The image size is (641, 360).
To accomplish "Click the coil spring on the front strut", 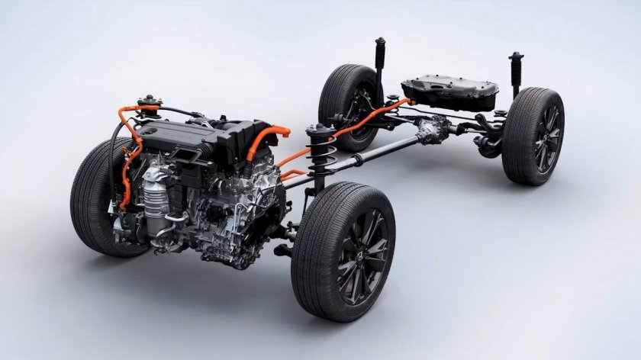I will [x=317, y=157].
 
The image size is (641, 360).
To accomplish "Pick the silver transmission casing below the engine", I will [x=229, y=221].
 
